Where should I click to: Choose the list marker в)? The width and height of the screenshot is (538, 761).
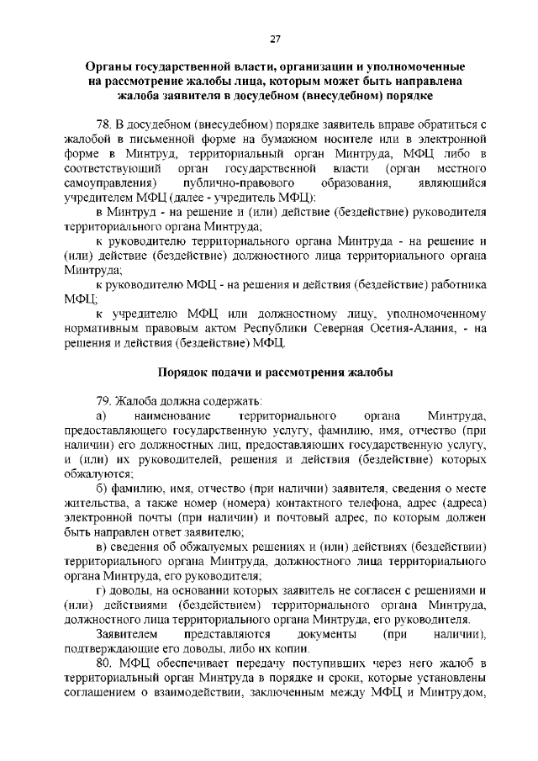101,547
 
